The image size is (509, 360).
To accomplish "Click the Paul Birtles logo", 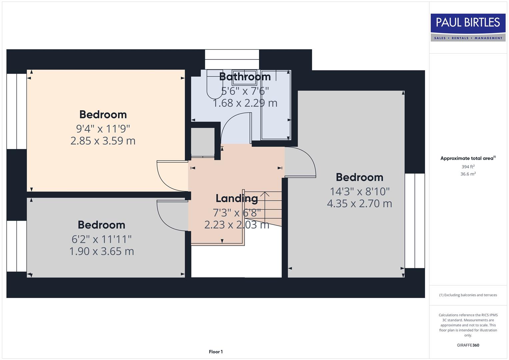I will click(468, 27).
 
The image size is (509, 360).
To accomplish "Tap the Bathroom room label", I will click(245, 77).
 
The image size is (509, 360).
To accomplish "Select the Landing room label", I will click(237, 198).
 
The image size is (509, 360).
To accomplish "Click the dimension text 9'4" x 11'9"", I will click(103, 128).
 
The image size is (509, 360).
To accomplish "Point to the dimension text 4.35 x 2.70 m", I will click(359, 203).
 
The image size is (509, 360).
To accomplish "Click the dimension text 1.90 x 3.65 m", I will click(101, 251).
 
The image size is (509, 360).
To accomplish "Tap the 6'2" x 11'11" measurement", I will click(101, 239).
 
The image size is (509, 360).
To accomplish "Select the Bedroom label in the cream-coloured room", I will click(103, 114).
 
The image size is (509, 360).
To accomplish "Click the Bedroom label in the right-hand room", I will click(359, 177).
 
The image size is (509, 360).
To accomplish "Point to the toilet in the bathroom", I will click(213, 85).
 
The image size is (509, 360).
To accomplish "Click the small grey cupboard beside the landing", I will click(202, 142).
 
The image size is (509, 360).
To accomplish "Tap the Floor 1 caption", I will click(216, 352).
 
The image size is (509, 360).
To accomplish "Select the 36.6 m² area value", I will click(468, 174).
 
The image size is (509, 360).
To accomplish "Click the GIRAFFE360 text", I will click(468, 345).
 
